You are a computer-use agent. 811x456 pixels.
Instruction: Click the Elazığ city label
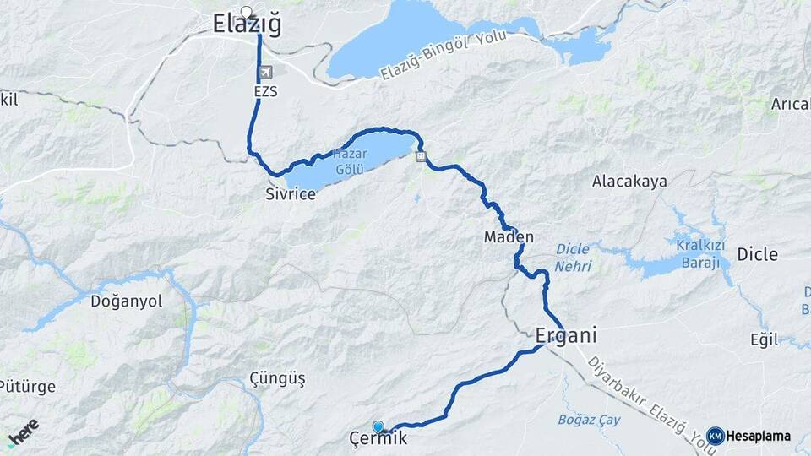point(247,26)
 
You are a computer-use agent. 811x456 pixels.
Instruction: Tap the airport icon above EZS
point(268,73)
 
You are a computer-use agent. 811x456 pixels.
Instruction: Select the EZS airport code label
point(264,90)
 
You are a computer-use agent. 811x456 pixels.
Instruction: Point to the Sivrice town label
point(290,194)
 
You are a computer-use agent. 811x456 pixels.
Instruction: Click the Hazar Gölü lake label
point(350,161)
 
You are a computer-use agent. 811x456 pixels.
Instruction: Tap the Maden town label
point(509,237)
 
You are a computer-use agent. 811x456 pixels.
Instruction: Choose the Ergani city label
point(566,335)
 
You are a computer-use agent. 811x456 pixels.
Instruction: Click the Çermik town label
point(378,439)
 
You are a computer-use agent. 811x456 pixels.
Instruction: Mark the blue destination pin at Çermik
point(378,426)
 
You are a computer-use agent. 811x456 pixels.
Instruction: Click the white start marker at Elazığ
point(247,12)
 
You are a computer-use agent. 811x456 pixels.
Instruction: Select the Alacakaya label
point(629,182)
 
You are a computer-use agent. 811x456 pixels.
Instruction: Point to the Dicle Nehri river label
point(574,258)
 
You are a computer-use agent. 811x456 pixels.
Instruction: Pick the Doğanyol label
point(126,302)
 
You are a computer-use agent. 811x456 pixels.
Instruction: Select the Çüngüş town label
point(277,378)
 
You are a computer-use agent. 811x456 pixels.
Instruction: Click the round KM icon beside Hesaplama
point(715,436)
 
